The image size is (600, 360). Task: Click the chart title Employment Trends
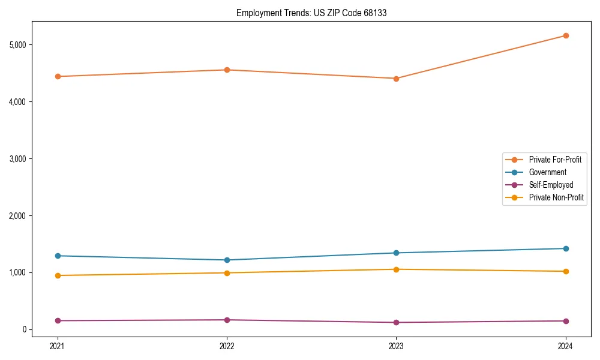[x=311, y=13]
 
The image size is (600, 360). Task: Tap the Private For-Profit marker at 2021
[x=58, y=76]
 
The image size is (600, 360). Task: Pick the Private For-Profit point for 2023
[x=396, y=79]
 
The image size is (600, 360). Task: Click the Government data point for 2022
[x=227, y=260]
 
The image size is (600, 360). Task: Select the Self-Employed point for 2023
[x=396, y=322]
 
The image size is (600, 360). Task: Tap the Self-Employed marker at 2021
[x=58, y=320]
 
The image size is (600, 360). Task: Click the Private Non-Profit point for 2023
[x=396, y=269]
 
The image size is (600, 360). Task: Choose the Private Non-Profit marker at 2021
[x=58, y=275]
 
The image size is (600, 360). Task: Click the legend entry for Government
[x=547, y=172]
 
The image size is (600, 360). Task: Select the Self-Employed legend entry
[x=551, y=185]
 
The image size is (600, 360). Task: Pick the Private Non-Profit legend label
[x=556, y=197]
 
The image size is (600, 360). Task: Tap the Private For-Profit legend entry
[x=555, y=160]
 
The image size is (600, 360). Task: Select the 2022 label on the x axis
[x=227, y=346]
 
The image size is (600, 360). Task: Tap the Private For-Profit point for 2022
[x=227, y=70]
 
